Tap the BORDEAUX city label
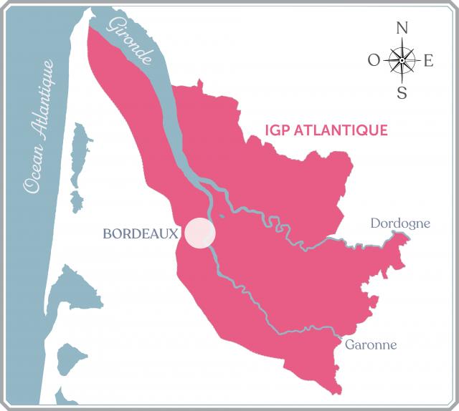140,234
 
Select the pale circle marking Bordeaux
199,234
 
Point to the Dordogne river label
400,223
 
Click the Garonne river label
371,344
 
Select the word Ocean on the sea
34,170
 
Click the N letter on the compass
402,29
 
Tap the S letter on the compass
402,92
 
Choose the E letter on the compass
429,61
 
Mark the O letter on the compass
374,61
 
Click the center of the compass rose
402,60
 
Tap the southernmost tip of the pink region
334,392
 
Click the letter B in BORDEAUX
108,234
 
